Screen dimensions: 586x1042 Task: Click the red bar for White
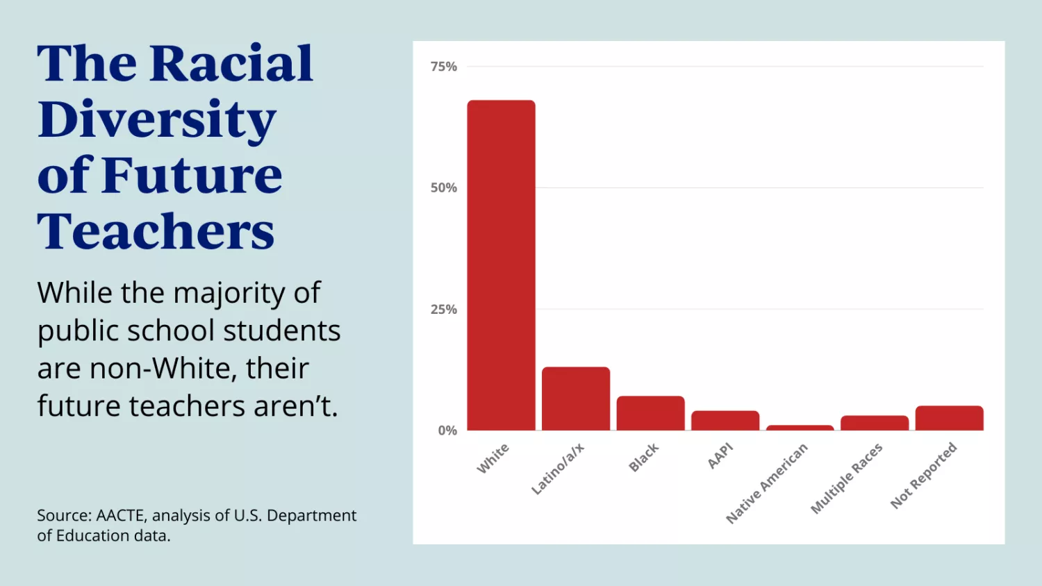click(x=501, y=265)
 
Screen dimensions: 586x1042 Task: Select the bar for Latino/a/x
click(x=576, y=399)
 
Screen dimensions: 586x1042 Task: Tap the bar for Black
click(x=650, y=413)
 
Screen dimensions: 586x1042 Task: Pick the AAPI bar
click(x=725, y=421)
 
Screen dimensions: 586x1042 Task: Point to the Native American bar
click(x=800, y=428)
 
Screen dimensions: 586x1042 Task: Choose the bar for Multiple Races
click(x=875, y=423)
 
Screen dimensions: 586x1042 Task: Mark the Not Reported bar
click(x=949, y=418)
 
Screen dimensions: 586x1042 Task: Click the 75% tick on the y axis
click(x=444, y=67)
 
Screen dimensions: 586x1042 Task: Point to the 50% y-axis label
click(x=444, y=188)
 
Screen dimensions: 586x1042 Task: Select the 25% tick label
click(x=444, y=310)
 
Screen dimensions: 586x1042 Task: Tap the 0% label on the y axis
click(x=447, y=430)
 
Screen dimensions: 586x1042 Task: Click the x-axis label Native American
click(x=767, y=483)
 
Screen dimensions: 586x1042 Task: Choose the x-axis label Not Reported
click(x=924, y=476)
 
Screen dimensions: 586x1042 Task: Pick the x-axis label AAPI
click(x=720, y=455)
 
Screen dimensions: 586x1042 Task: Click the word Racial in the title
click(x=231, y=64)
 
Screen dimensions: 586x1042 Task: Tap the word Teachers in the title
click(x=156, y=231)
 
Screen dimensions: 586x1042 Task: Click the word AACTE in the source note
click(x=121, y=516)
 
